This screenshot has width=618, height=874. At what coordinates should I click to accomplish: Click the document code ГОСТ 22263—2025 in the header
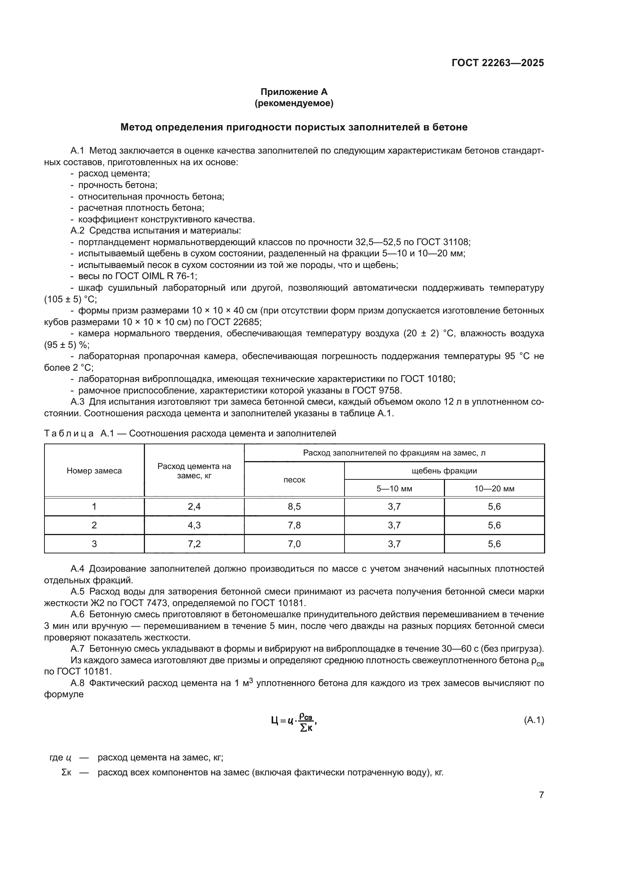click(497, 63)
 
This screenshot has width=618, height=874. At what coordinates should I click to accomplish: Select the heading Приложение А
click(294, 92)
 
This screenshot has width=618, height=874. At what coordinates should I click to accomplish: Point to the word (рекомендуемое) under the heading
click(294, 103)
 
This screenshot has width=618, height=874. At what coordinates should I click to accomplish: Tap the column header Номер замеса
click(94, 470)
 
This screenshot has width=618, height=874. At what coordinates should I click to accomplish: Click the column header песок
click(294, 480)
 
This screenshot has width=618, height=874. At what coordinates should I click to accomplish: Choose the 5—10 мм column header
click(394, 488)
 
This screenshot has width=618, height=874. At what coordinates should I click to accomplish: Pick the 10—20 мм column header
click(494, 488)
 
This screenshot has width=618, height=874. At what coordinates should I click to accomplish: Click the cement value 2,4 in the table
click(194, 506)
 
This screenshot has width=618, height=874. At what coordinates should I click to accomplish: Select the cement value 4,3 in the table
click(194, 525)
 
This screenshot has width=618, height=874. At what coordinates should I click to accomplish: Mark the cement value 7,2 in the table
click(194, 544)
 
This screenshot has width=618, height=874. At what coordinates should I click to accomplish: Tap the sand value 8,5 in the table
click(294, 506)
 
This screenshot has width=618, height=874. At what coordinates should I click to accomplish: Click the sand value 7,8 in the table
click(294, 525)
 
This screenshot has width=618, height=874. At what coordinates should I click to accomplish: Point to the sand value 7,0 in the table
click(294, 544)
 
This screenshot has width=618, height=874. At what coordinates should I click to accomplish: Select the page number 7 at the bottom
click(541, 795)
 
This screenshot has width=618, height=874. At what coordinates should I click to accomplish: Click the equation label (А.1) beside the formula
click(534, 720)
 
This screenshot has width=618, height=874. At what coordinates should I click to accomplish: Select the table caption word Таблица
click(69, 433)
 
